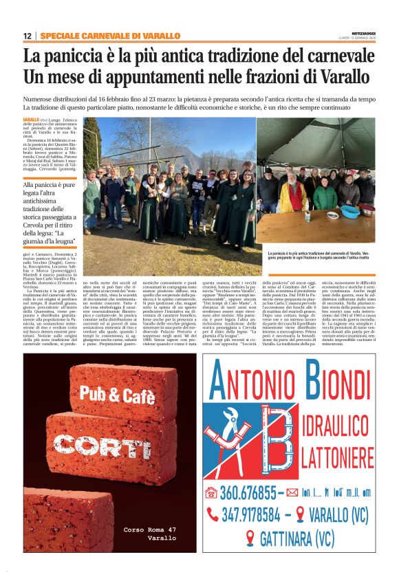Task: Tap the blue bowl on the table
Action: pos(350,211)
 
